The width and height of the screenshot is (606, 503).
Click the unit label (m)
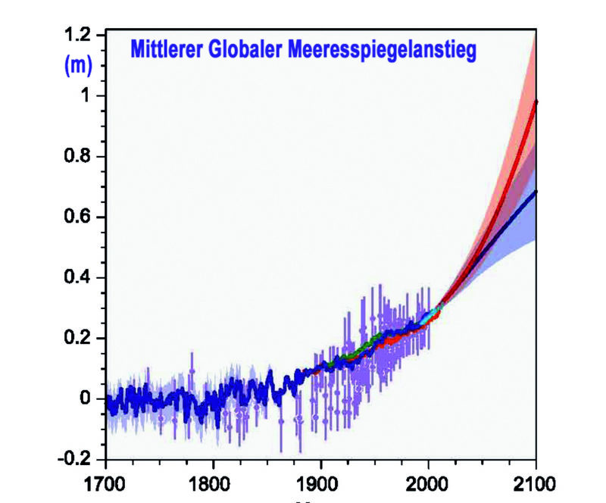click(76, 67)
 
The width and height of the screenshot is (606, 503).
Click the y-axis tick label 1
click(86, 96)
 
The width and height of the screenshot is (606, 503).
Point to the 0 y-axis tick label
click(86, 398)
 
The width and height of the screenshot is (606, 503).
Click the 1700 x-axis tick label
click(105, 483)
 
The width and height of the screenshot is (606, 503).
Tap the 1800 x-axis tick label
click(213, 483)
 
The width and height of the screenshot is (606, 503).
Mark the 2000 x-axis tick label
click(429, 483)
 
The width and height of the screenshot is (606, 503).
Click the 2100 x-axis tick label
click(536, 483)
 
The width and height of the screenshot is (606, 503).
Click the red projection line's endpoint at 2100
click(536, 101)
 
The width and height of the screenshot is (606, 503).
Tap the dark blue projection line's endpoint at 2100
click(536, 192)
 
